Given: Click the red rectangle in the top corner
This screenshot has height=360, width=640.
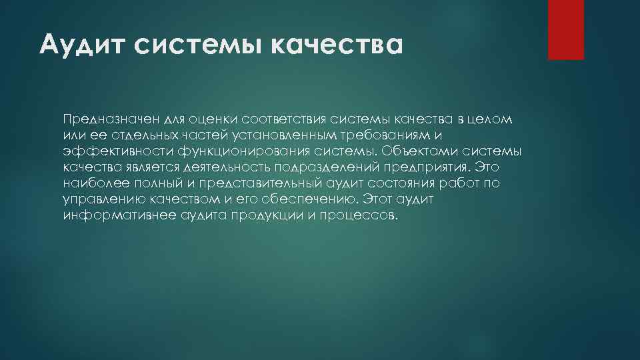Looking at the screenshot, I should (x=565, y=29).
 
